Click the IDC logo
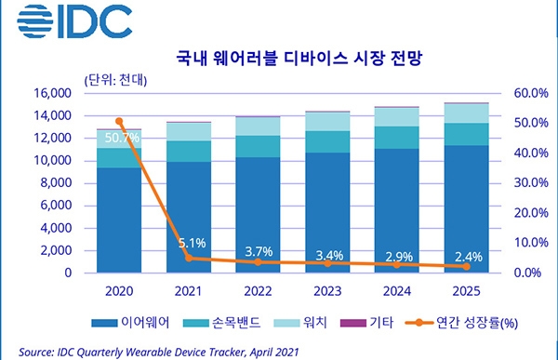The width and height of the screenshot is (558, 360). (x=74, y=21)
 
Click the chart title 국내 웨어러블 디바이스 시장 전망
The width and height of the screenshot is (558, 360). (x=299, y=58)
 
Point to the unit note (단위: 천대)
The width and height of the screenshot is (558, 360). (x=115, y=80)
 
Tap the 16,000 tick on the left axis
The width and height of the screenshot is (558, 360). (x=53, y=93)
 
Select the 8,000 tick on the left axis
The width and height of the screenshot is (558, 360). (x=56, y=182)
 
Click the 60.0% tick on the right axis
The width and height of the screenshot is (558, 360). (x=531, y=93)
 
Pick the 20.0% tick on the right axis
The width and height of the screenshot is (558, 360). (x=531, y=213)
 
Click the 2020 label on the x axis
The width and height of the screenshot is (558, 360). (x=119, y=291)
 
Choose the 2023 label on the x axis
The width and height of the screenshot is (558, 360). (x=327, y=291)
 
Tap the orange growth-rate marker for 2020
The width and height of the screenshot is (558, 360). (x=119, y=122)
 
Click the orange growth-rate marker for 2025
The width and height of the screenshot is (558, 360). (x=467, y=266)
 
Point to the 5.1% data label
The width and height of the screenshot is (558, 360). (x=193, y=243)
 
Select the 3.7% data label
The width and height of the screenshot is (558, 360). (x=259, y=252)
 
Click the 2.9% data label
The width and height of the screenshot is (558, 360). (x=399, y=257)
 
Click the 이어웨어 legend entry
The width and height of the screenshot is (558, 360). (x=130, y=323)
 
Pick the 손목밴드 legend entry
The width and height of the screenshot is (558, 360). (x=221, y=323)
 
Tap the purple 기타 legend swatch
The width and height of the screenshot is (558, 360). (x=353, y=323)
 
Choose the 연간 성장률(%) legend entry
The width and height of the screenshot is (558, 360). (x=461, y=323)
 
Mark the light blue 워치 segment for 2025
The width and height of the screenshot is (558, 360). (x=466, y=113)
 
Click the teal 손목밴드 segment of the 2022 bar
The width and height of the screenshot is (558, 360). (x=258, y=146)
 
